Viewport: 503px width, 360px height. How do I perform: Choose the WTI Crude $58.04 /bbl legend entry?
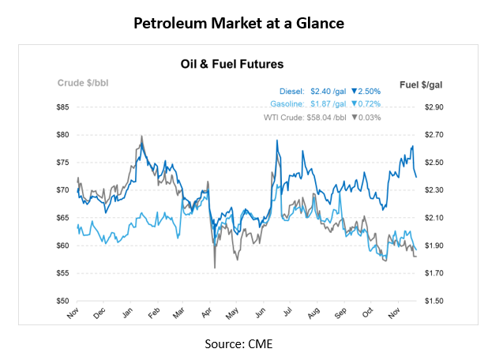tap(305, 118)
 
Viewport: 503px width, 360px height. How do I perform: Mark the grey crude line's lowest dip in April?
tap(215, 268)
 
